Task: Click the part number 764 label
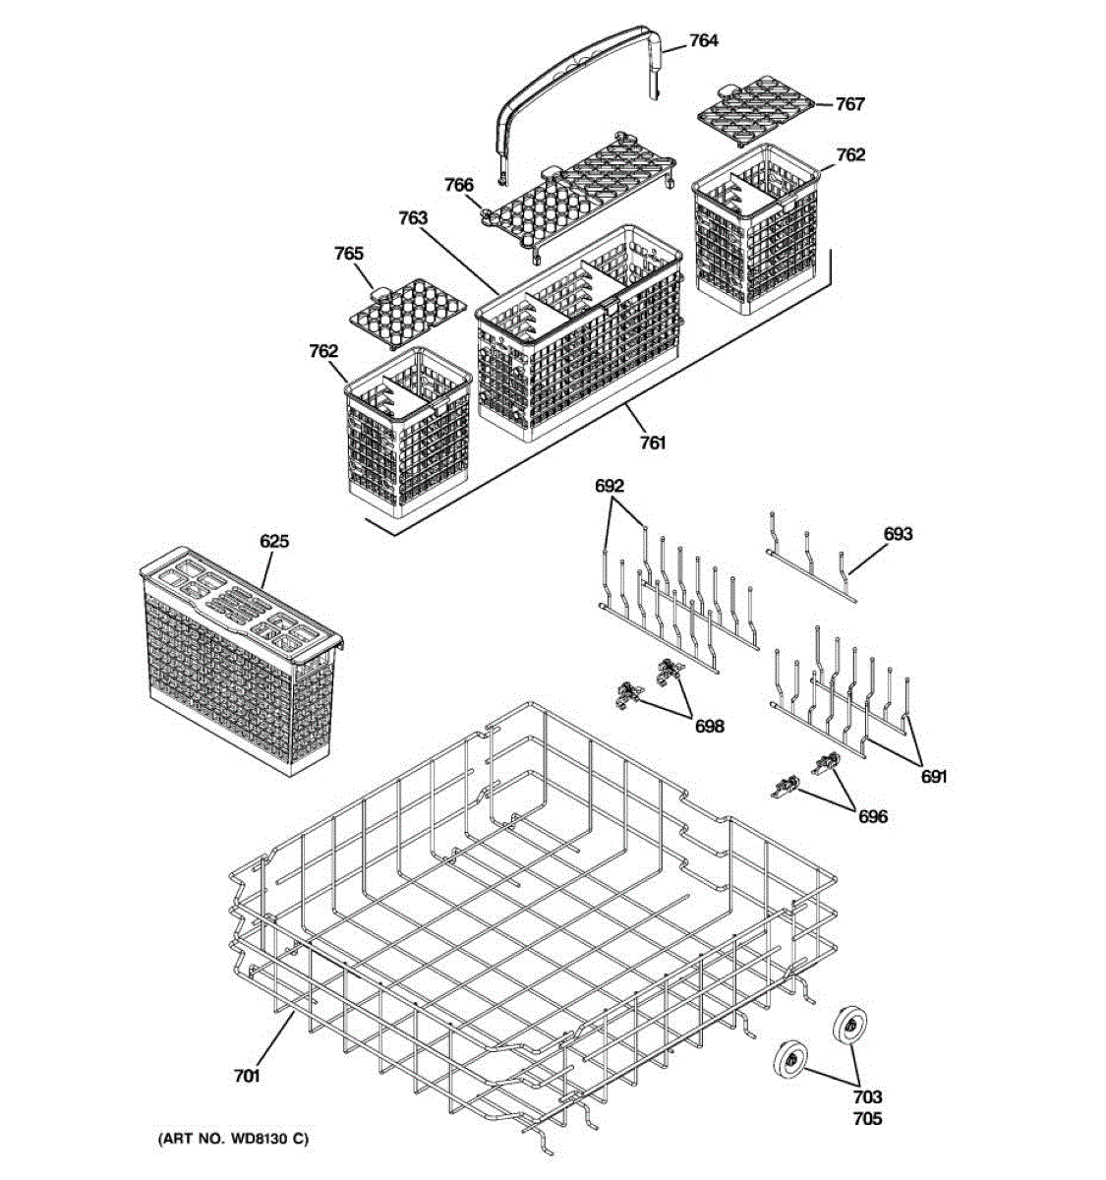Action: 703,40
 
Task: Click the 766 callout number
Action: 458,185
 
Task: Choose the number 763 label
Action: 413,217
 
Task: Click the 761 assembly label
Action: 653,442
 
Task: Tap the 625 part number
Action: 274,542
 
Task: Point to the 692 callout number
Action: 610,486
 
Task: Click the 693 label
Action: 898,534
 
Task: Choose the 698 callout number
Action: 709,726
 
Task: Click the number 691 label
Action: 934,777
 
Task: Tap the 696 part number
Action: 872,816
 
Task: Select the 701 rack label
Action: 247,1077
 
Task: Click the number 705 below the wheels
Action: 867,1118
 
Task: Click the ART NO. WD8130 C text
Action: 232,1139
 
